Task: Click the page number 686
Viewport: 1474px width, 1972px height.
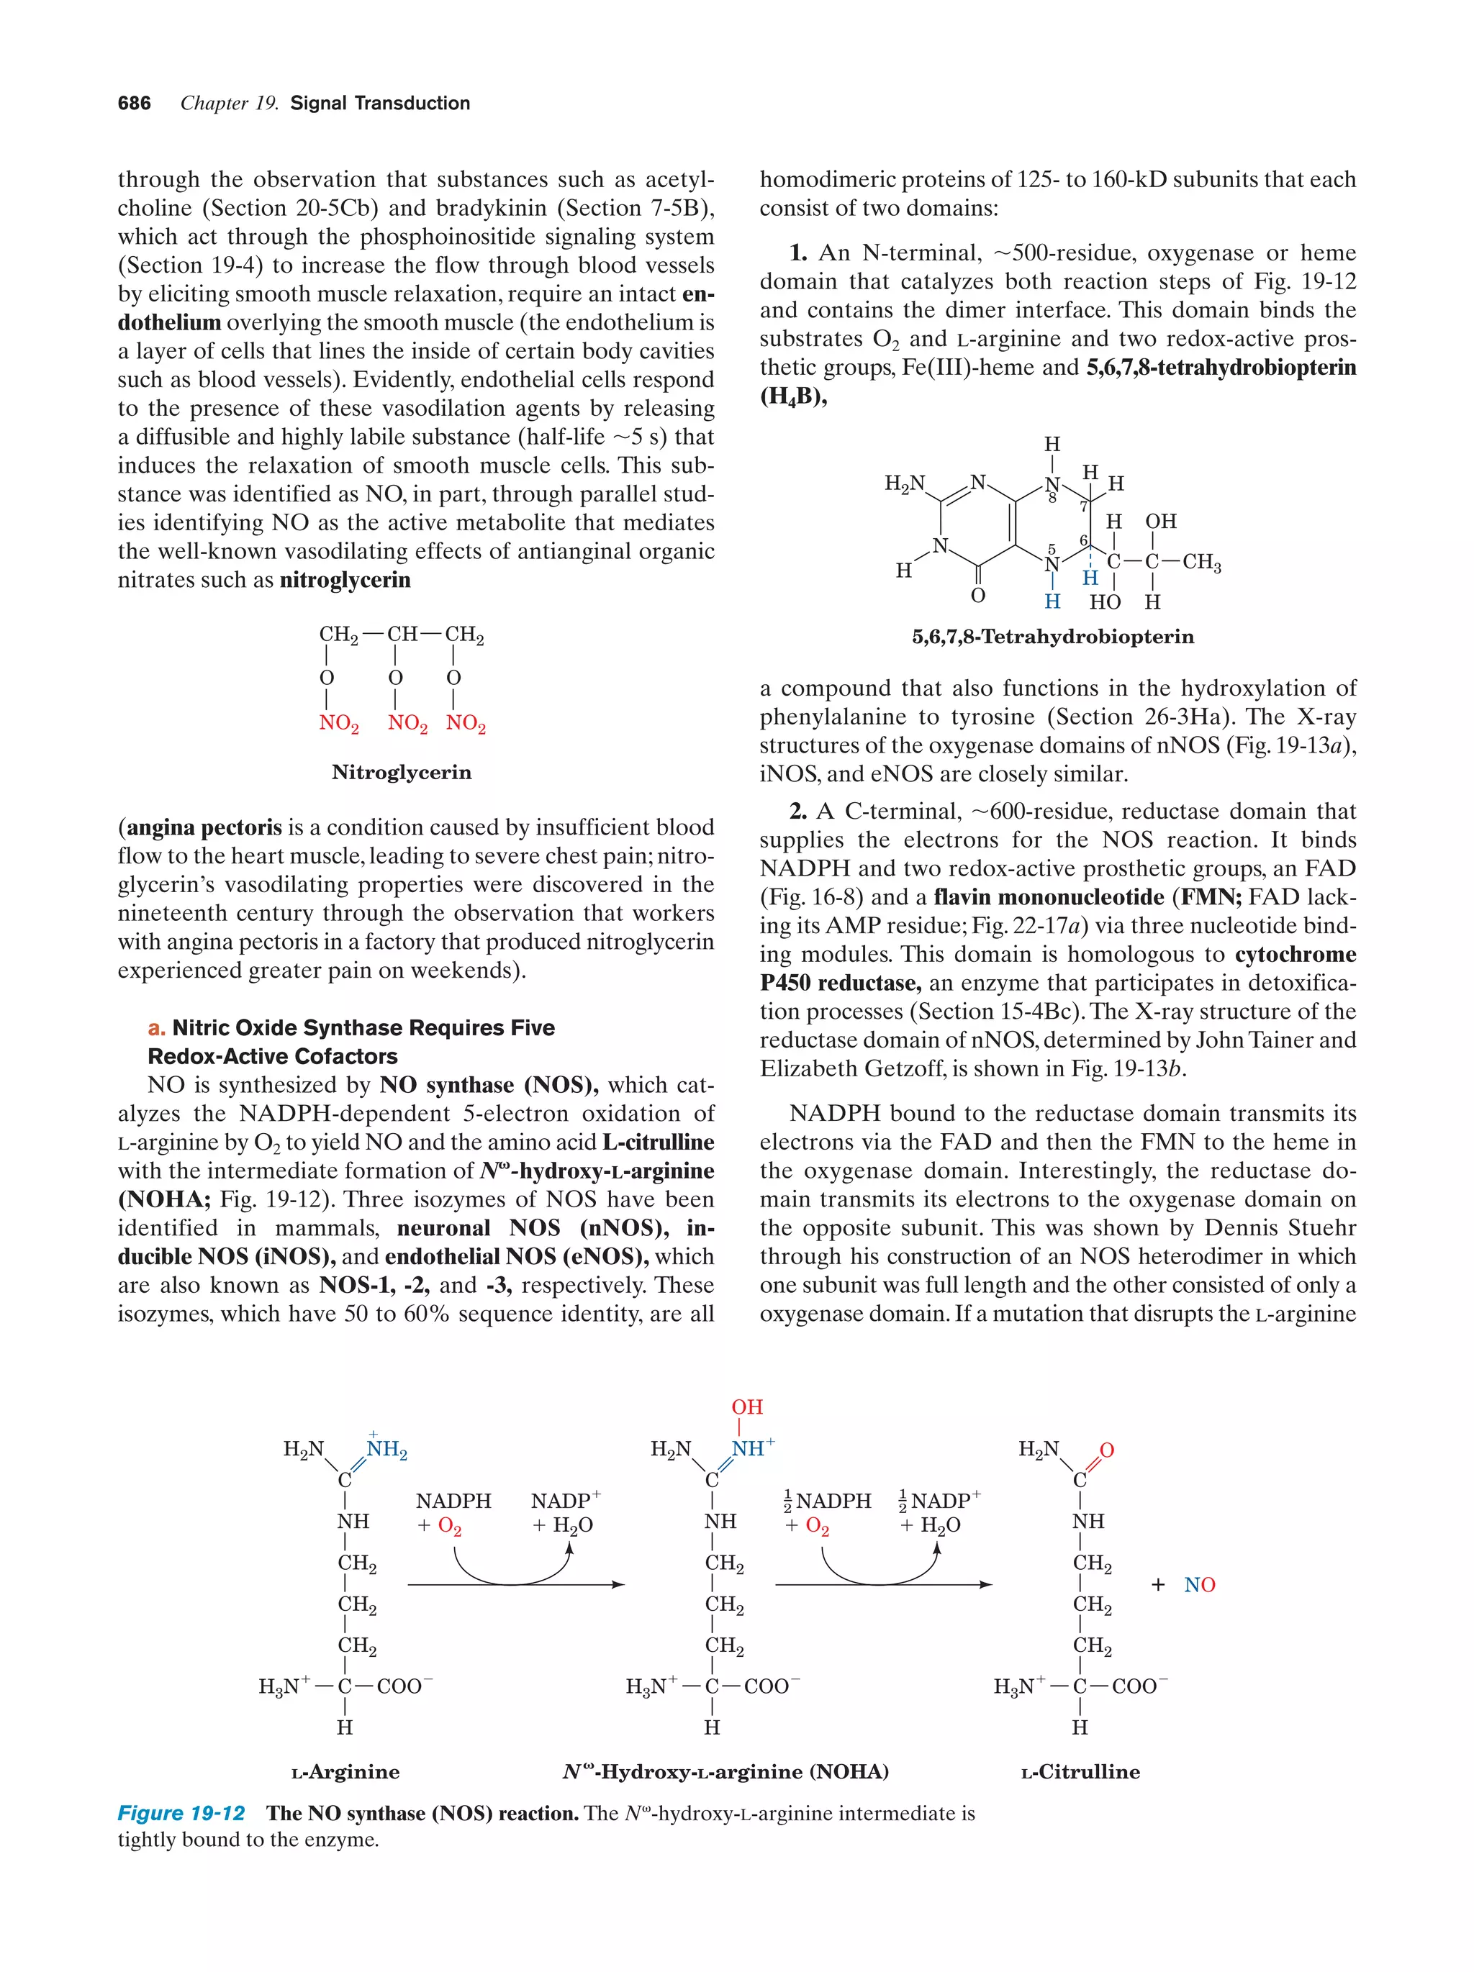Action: point(134,104)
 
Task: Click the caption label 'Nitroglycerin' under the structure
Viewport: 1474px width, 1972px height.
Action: point(402,772)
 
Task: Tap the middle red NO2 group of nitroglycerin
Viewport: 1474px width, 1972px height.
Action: point(407,723)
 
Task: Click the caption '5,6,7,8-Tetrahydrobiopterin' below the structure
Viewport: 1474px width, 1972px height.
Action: point(1052,637)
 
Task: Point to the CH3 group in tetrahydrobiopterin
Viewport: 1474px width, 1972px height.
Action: point(1201,563)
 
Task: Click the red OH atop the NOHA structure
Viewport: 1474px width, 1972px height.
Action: point(746,1407)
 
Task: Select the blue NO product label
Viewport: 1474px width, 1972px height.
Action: point(1199,1585)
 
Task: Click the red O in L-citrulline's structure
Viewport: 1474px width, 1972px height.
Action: point(1107,1450)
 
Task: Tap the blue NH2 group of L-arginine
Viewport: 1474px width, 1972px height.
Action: point(387,1450)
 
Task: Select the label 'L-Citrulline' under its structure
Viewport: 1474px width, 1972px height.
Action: point(1080,1772)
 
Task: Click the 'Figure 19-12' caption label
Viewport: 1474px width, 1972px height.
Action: point(181,1813)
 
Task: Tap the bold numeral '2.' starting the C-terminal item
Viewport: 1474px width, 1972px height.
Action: point(798,812)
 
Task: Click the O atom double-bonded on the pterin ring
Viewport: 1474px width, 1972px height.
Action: point(978,596)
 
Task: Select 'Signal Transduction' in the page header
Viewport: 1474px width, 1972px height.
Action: point(380,104)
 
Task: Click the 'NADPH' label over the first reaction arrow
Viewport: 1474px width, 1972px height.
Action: point(453,1501)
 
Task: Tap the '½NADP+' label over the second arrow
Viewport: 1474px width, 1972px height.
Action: point(940,1501)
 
